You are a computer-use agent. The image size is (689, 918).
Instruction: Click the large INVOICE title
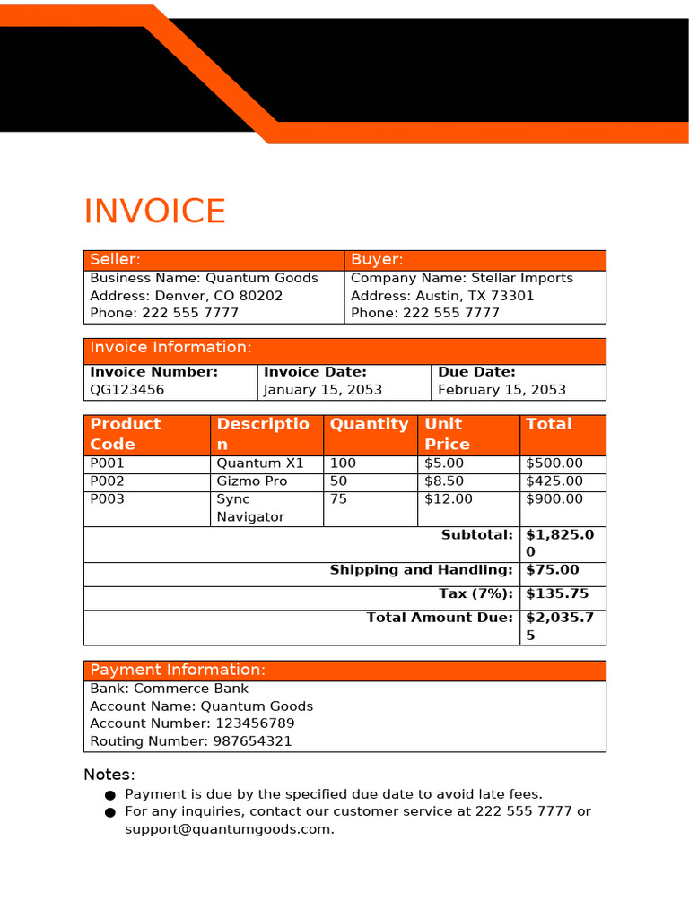pyautogui.click(x=154, y=212)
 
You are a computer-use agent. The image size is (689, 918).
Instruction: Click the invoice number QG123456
pyautogui.click(x=127, y=390)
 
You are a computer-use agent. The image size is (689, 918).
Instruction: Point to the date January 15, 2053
pyautogui.click(x=323, y=390)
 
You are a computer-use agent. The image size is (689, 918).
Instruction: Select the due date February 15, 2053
pyautogui.click(x=501, y=390)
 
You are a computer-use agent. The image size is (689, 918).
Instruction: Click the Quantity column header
pyautogui.click(x=369, y=424)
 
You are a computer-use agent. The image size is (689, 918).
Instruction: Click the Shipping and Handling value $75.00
pyautogui.click(x=552, y=570)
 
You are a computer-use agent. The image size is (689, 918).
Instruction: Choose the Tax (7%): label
pyautogui.click(x=476, y=593)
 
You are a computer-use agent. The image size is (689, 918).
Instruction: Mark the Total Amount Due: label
pyautogui.click(x=440, y=618)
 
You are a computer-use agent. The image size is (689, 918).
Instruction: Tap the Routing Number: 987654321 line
pyautogui.click(x=191, y=741)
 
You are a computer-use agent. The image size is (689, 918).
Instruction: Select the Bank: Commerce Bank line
pyautogui.click(x=170, y=688)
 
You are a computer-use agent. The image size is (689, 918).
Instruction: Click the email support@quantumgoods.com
pyautogui.click(x=229, y=829)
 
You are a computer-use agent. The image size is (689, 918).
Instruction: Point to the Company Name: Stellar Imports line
pyautogui.click(x=462, y=278)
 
